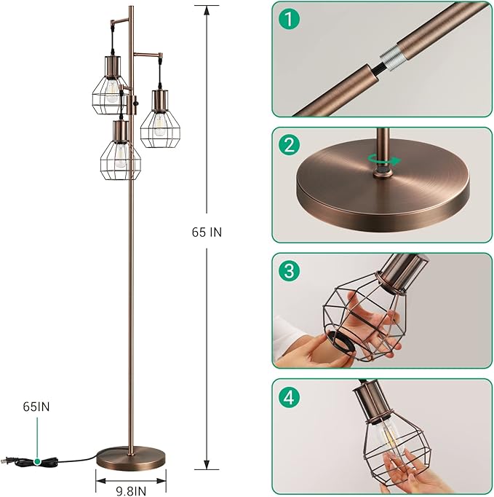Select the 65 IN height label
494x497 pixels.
(207, 232)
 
